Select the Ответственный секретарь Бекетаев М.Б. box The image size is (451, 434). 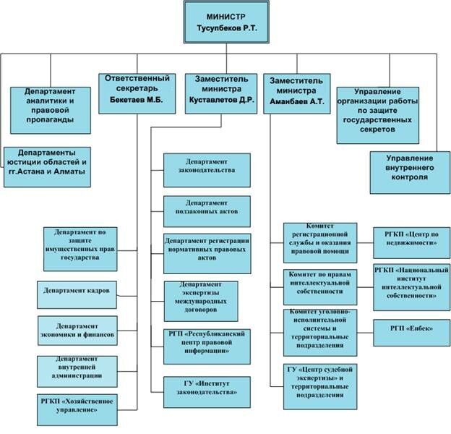137,91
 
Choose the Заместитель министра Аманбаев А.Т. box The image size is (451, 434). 297,92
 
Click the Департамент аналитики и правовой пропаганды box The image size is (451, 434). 51,105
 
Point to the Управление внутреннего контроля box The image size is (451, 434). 409,171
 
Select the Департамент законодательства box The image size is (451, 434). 207,170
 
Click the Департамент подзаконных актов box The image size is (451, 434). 207,211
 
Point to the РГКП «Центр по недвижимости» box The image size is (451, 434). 411,242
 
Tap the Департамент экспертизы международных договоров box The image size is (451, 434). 207,300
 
